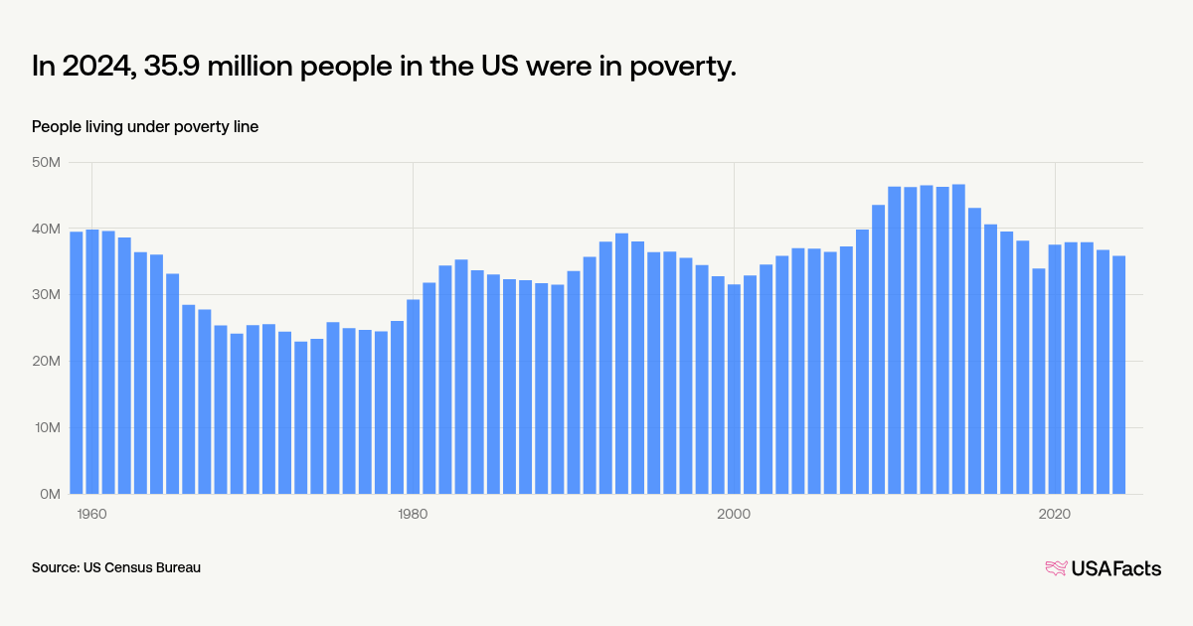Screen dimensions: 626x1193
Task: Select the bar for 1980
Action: (x=413, y=396)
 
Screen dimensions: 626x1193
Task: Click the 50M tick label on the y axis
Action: (x=47, y=162)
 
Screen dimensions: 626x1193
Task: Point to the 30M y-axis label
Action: (x=47, y=295)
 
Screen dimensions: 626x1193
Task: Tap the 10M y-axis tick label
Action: (x=47, y=427)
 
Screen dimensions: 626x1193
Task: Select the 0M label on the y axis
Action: (x=51, y=494)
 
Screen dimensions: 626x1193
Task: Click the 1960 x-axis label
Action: (x=91, y=514)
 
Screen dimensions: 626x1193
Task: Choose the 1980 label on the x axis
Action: (x=413, y=514)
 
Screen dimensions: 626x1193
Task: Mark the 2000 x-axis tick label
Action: (x=734, y=514)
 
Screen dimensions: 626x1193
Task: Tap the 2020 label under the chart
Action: (x=1054, y=514)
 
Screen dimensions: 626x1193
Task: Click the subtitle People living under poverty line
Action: (x=145, y=126)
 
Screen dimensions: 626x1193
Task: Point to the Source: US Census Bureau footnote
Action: (x=116, y=567)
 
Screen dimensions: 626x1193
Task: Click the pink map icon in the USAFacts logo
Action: (x=1056, y=568)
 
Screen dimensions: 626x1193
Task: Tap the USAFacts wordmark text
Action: (x=1115, y=568)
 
